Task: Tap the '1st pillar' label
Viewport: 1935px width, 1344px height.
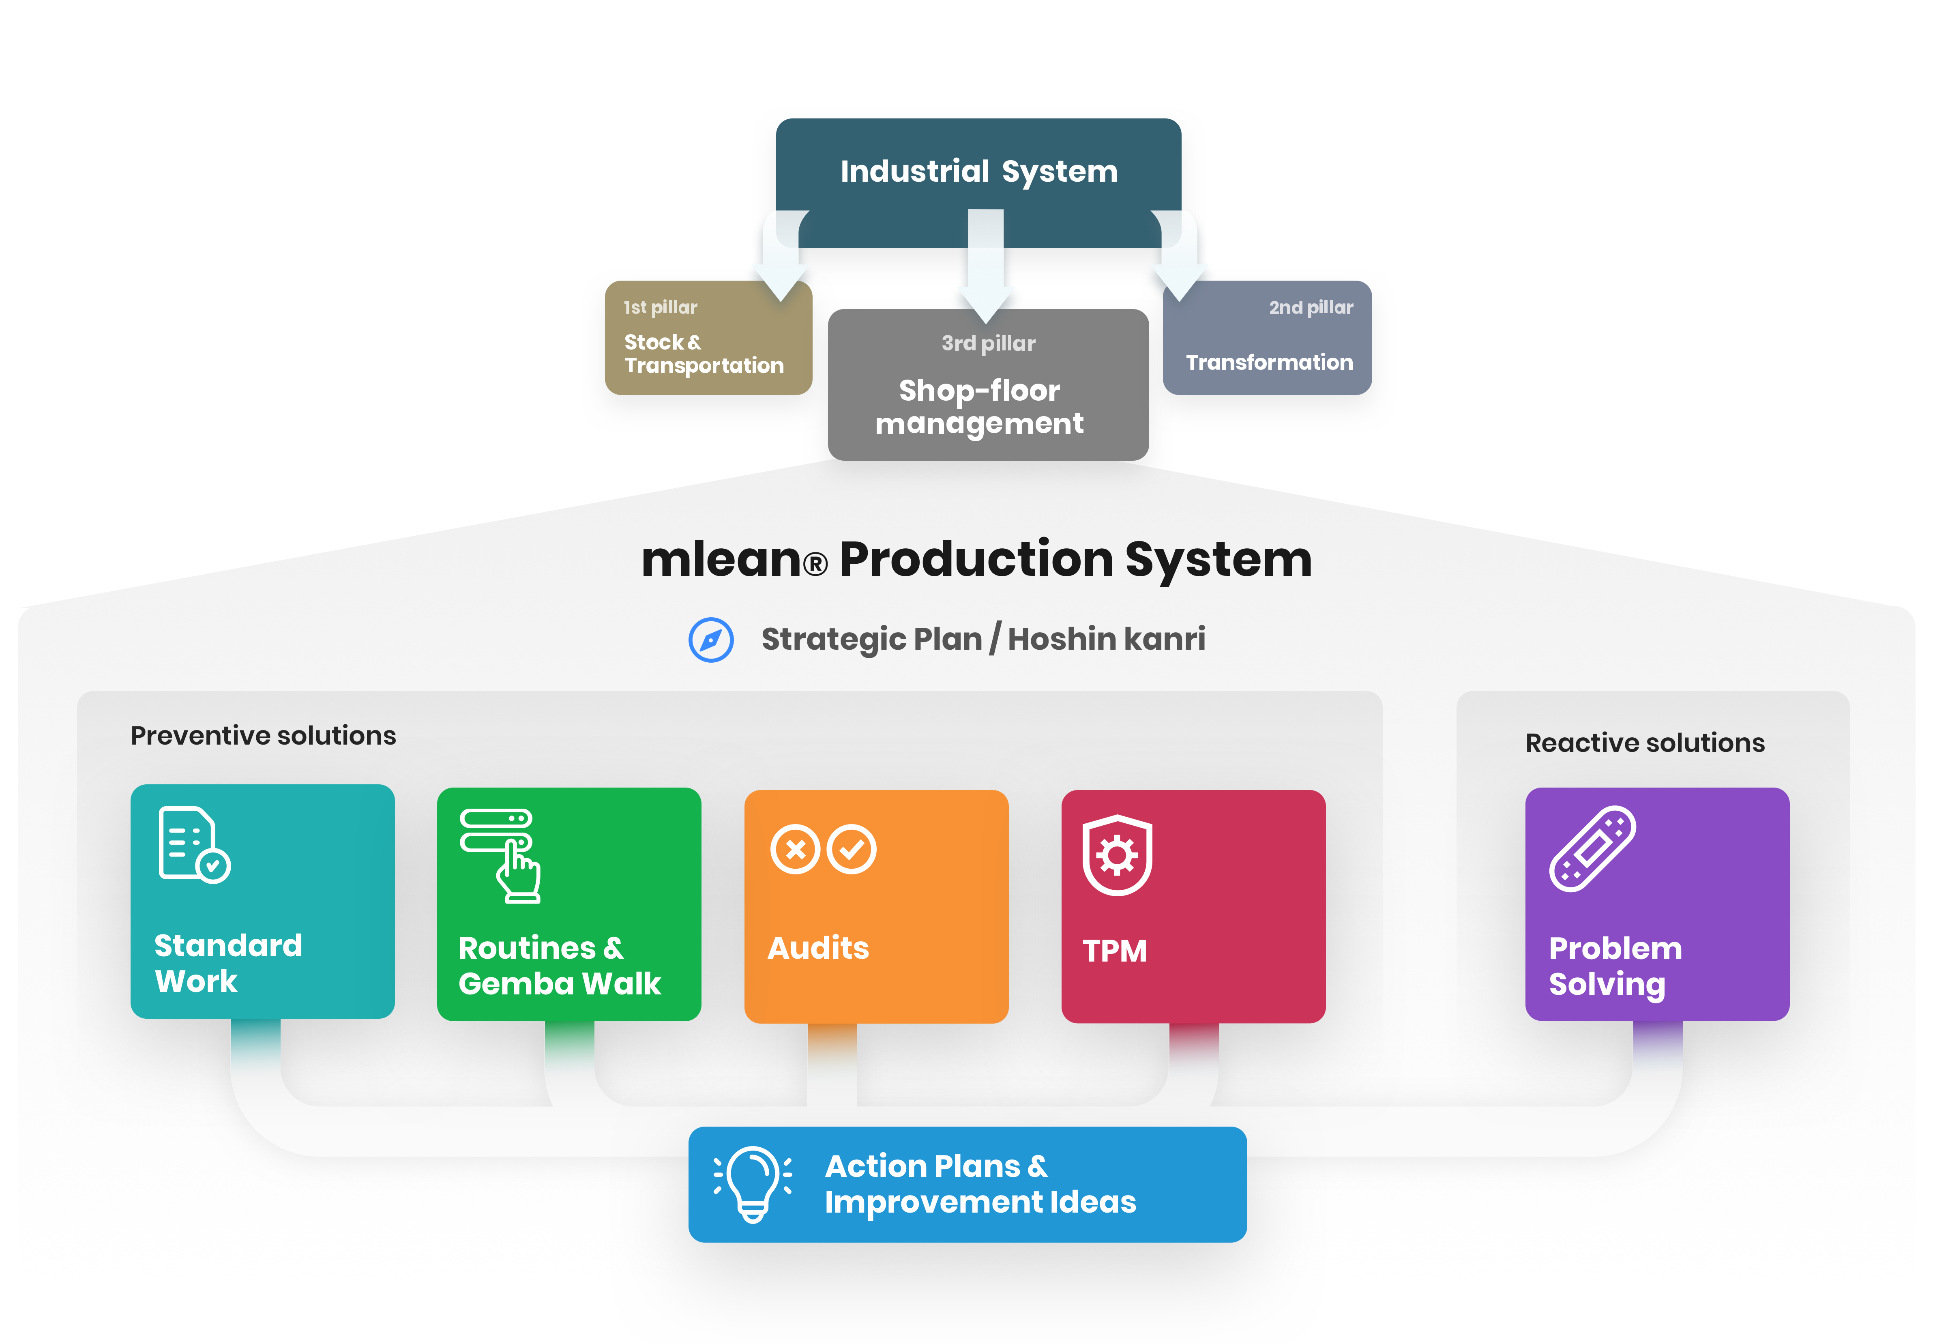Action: coord(660,307)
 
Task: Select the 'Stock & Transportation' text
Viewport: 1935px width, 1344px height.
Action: coord(703,354)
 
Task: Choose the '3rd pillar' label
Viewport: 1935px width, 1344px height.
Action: coord(988,344)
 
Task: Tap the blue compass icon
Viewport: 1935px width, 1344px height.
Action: coord(711,640)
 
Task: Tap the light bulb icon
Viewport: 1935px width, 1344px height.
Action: coord(753,1183)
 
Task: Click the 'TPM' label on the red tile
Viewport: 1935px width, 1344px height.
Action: coord(1114,951)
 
